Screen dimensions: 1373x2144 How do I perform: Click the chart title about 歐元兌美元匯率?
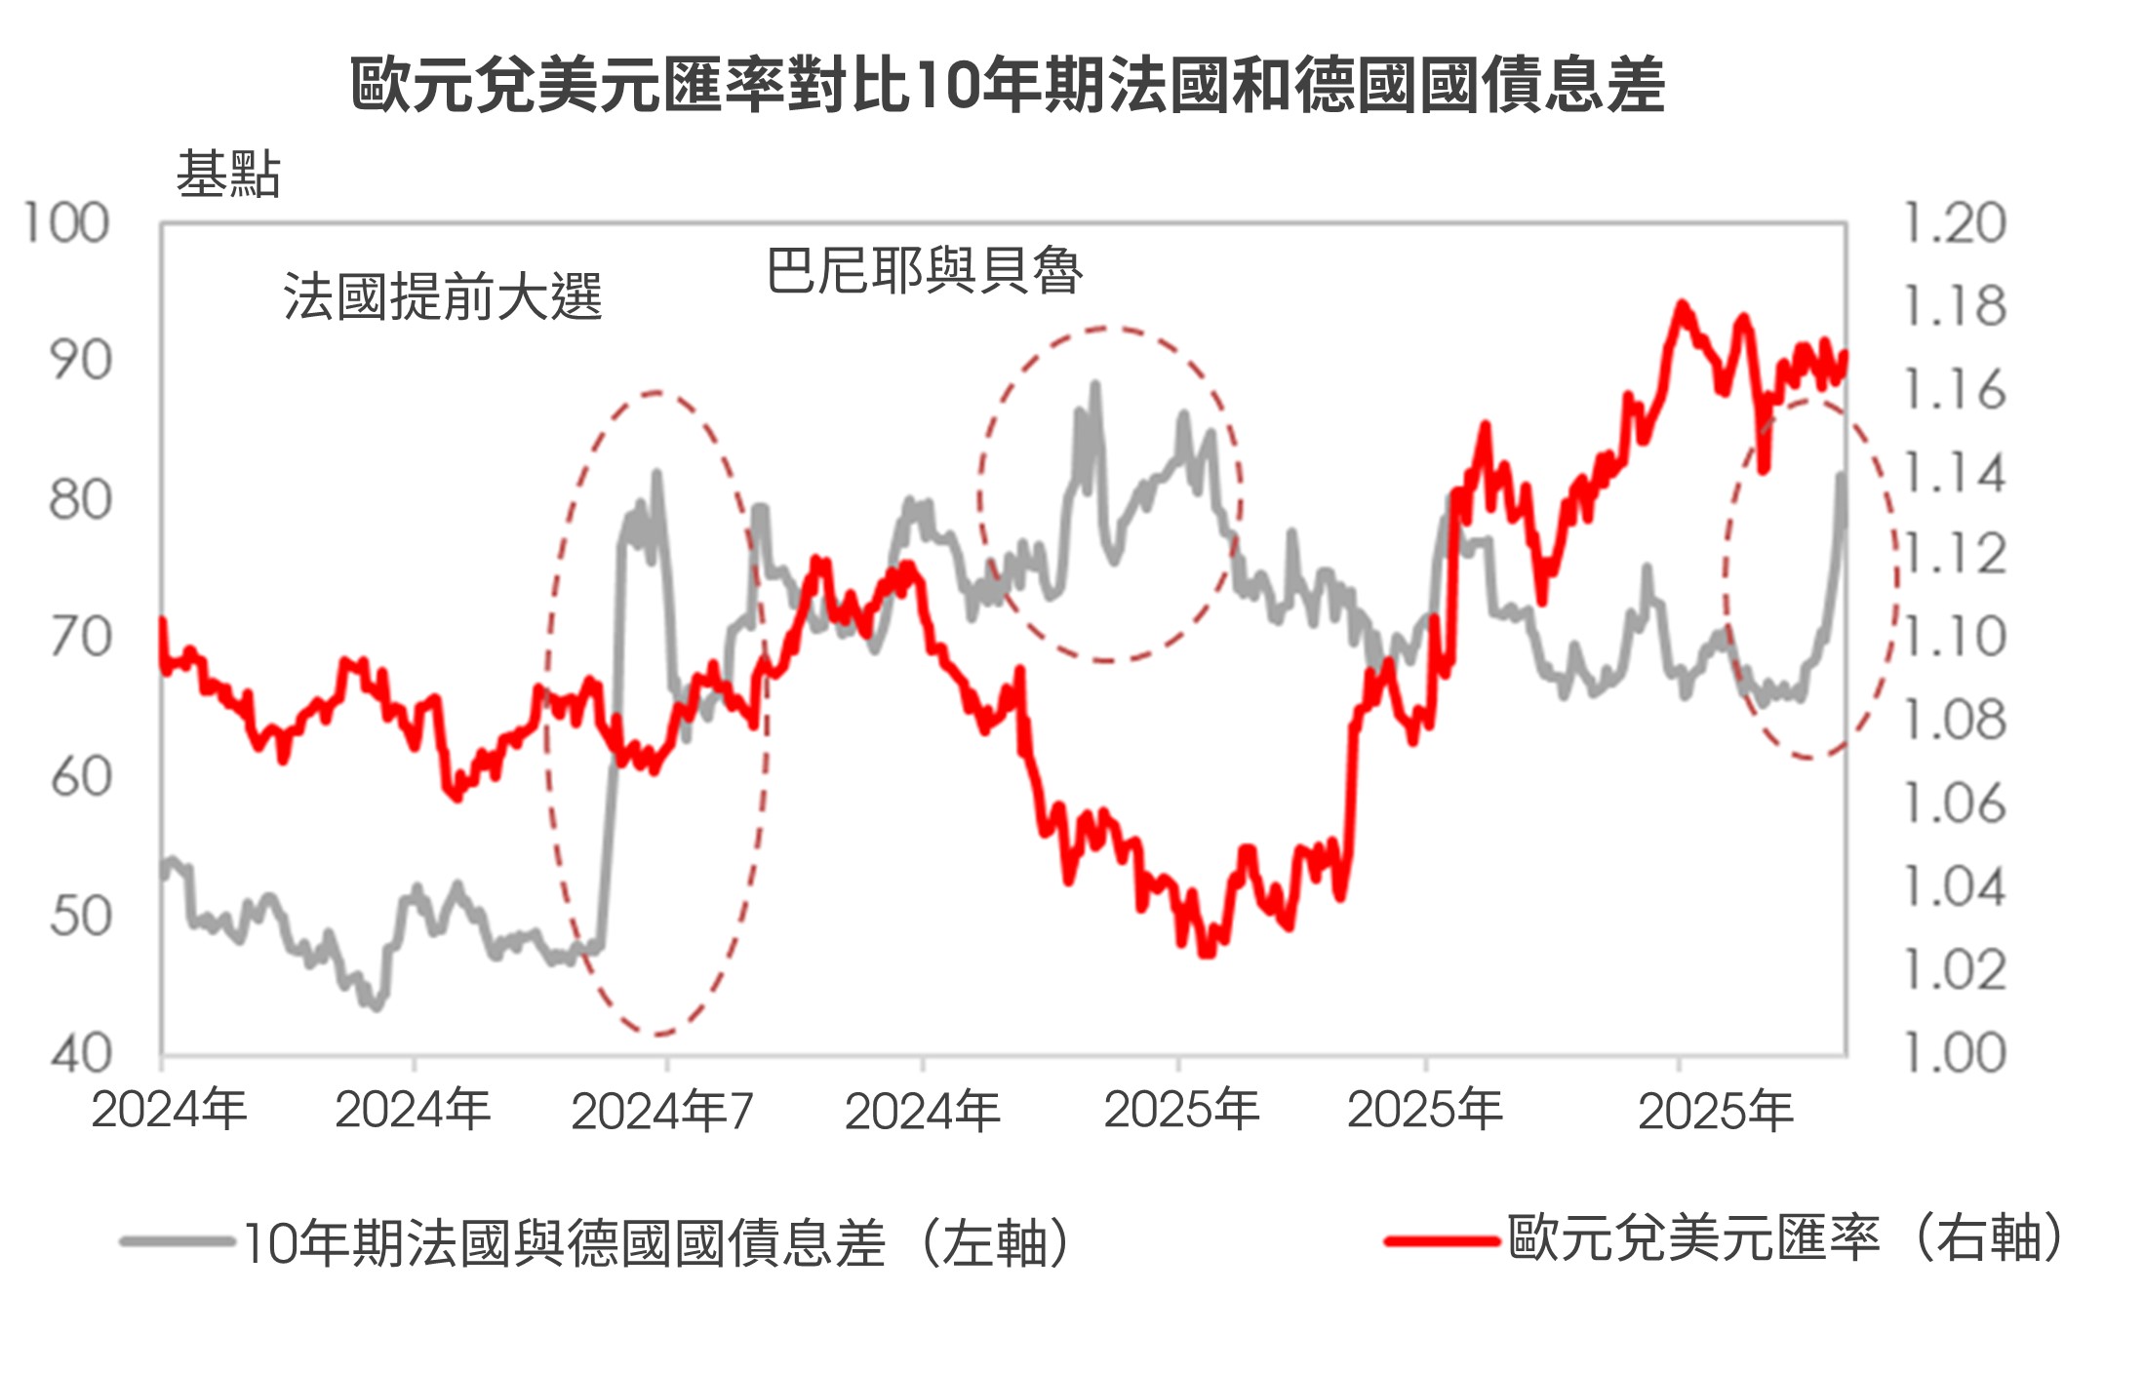[x=1007, y=85]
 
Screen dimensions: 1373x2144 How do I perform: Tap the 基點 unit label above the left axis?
[x=228, y=176]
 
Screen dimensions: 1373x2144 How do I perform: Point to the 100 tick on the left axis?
[x=66, y=223]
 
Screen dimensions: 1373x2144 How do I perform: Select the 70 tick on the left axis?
[x=81, y=639]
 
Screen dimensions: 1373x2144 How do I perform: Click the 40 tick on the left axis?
[x=81, y=1055]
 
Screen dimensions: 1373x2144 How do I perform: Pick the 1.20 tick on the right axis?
[x=1955, y=223]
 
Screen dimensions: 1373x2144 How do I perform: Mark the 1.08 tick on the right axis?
[x=1955, y=721]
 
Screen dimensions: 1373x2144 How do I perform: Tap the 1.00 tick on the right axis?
[x=1955, y=1053]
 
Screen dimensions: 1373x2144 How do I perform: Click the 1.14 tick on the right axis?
[x=1955, y=474]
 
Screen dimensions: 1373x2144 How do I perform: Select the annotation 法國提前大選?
[x=443, y=296]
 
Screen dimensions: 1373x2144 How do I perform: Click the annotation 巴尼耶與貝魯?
[x=924, y=270]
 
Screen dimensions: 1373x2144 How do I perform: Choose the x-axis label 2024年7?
[x=662, y=1111]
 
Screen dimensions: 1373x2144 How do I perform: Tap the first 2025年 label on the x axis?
[x=1180, y=1110]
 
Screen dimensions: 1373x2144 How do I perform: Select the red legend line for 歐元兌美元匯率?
[x=1441, y=1240]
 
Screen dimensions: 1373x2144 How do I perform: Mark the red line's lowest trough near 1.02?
[x=1206, y=952]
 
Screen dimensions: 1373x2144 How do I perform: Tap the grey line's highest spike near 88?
[x=1094, y=385]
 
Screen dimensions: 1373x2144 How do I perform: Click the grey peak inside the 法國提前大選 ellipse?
[x=656, y=474]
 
